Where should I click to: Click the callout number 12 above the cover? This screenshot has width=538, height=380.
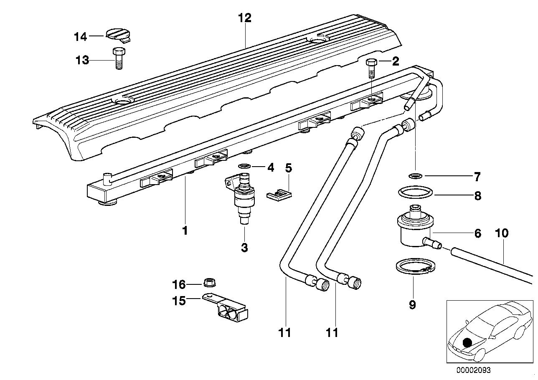[245, 18]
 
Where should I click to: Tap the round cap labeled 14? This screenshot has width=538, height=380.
[118, 34]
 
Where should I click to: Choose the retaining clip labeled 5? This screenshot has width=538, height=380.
[279, 194]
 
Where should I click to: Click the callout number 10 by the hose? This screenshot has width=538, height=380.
[502, 233]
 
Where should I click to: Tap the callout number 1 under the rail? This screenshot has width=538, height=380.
[185, 231]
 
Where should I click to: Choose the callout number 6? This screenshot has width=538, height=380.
[477, 233]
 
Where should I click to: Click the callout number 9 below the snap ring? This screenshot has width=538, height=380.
[412, 305]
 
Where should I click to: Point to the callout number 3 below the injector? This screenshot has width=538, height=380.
[244, 247]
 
